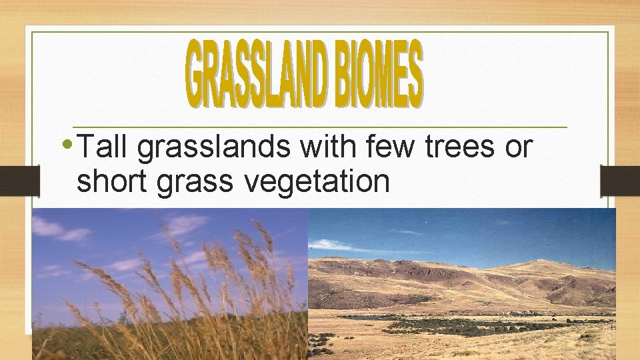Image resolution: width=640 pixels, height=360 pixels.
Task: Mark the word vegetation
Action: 317,181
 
